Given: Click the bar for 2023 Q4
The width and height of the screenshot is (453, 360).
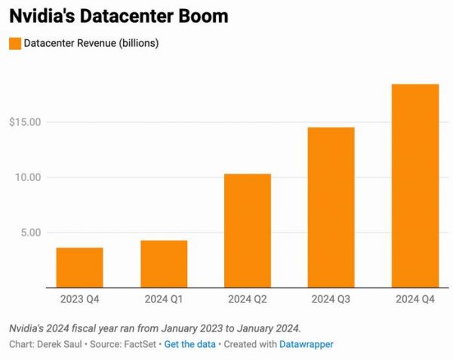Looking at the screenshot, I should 79,267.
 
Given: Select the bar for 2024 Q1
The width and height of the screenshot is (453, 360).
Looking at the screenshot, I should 163,263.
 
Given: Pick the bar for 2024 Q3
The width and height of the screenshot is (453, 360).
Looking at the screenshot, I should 331,208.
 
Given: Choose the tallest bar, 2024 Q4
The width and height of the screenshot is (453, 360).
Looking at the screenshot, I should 414,186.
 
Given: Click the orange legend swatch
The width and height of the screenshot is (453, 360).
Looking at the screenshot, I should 14,43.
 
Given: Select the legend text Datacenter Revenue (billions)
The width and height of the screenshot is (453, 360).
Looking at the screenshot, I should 91,43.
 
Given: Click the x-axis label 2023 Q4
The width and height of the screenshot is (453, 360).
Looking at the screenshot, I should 79,300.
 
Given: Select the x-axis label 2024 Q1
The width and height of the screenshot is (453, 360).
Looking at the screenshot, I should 163,300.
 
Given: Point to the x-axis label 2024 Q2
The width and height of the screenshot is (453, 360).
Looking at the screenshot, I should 248,300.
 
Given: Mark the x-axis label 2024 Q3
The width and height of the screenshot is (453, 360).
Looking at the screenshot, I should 331,300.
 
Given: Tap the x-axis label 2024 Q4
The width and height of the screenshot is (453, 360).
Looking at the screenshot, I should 414,300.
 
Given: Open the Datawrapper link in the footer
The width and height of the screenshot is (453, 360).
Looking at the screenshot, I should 306,344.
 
